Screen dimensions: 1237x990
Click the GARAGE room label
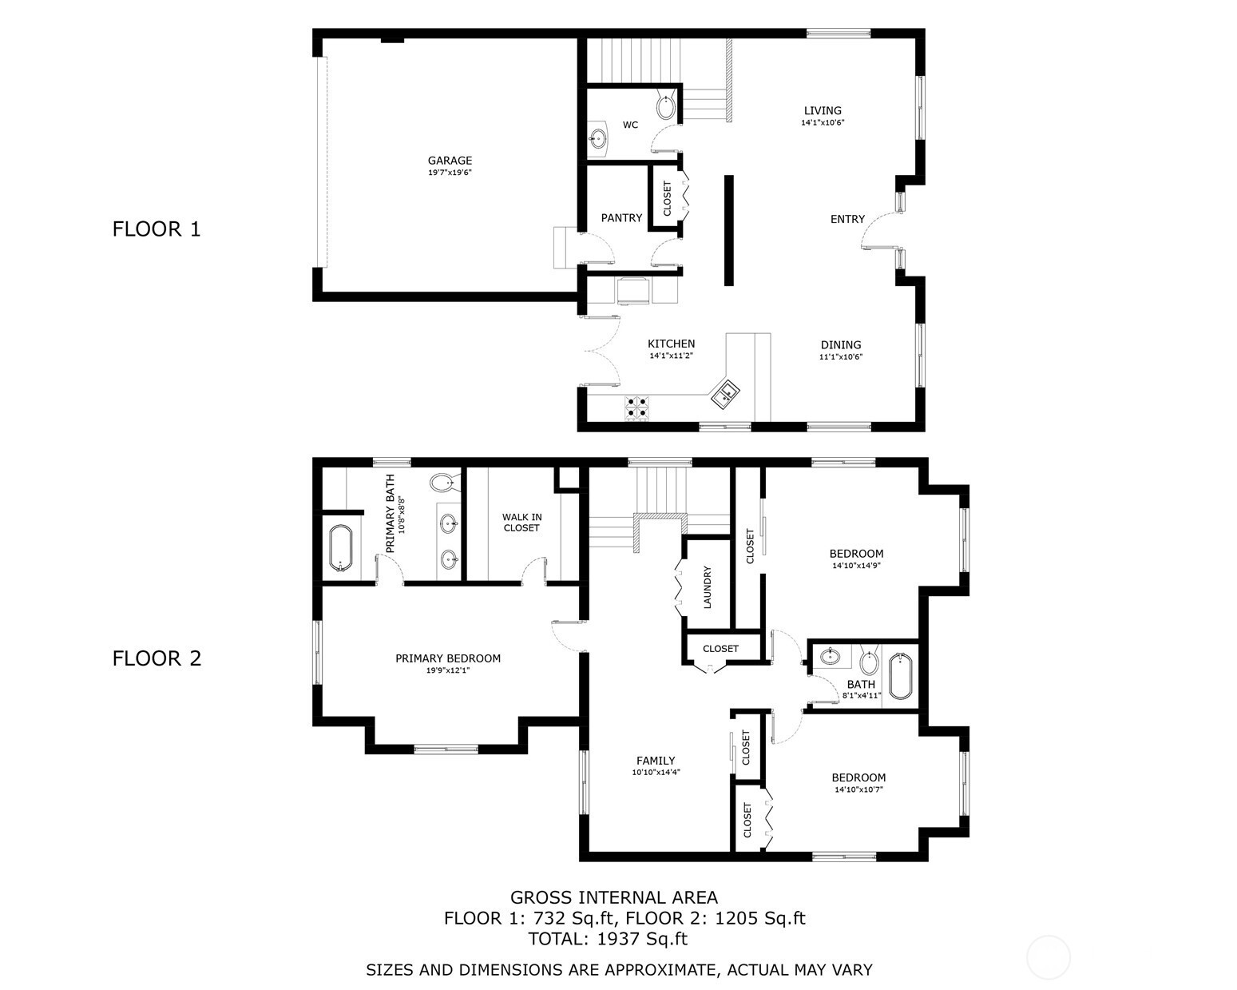point(450,161)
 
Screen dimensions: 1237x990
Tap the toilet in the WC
point(666,106)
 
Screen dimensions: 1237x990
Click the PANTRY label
point(621,218)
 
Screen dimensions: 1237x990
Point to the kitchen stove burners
point(636,406)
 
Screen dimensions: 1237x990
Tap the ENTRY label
point(847,219)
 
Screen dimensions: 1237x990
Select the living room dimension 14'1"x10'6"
point(823,122)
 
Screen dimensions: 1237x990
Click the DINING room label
point(840,345)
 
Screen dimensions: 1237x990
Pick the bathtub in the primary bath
point(340,547)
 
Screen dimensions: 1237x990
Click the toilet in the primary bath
point(444,483)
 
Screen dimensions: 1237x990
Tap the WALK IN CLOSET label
point(521,523)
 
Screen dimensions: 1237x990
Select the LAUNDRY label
point(707,586)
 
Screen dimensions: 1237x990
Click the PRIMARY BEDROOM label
point(448,658)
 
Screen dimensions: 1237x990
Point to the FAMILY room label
point(656,761)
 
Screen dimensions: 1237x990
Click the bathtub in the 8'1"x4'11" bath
point(900,677)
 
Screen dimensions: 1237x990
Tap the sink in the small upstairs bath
point(830,656)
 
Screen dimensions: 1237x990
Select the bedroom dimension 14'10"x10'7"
point(858,789)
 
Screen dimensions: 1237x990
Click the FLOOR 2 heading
point(157,658)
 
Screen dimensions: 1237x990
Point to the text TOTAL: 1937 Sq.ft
point(608,939)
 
